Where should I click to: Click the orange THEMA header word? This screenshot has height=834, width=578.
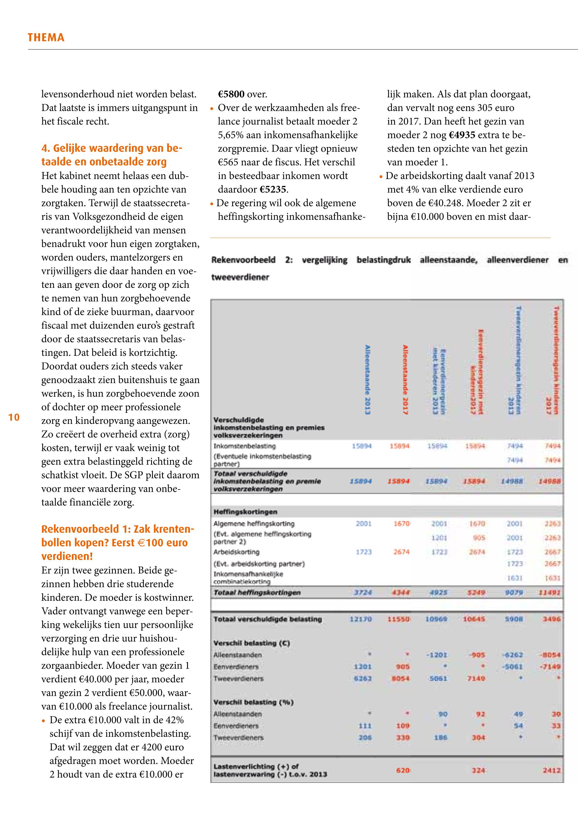46,38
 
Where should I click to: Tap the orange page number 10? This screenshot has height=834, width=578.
14,418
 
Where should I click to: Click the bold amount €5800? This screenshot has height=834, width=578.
232,95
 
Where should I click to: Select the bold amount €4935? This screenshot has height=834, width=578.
462,135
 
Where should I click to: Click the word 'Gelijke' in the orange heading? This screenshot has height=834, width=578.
70,148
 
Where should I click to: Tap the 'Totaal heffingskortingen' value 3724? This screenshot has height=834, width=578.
362,593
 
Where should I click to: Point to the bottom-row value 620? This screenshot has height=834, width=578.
403,770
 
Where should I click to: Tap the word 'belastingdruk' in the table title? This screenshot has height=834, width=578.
383,260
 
